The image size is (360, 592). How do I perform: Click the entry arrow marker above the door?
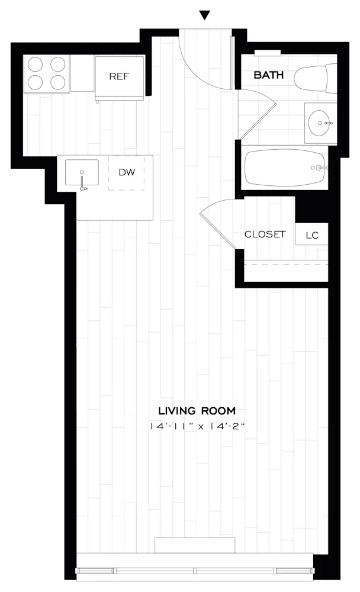pyautogui.click(x=205, y=15)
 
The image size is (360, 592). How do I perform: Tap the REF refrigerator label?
pyautogui.click(x=119, y=76)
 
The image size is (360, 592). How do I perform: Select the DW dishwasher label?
pyautogui.click(x=126, y=172)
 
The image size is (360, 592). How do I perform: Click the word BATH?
pyautogui.click(x=269, y=75)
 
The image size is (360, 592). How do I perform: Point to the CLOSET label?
pyautogui.click(x=265, y=234)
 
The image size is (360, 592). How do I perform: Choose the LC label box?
pyautogui.click(x=312, y=235)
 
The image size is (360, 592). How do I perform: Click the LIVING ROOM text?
pyautogui.click(x=197, y=410)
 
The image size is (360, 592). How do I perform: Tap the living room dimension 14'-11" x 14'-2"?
pyautogui.click(x=197, y=426)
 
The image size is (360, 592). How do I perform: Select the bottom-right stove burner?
pyautogui.click(x=59, y=82)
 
